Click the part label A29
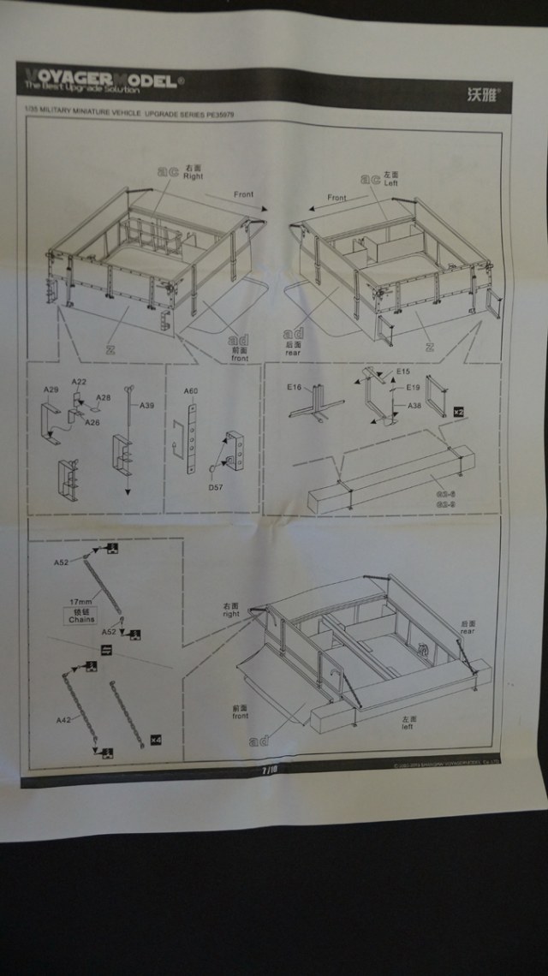point(51,390)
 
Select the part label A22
point(79,382)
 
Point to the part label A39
point(146,406)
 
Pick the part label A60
point(191,391)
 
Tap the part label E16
point(295,387)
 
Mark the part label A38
point(414,405)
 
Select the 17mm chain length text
point(80,602)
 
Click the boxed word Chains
point(81,618)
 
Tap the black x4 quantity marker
point(155,738)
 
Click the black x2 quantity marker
point(458,412)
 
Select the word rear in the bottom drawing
point(467,631)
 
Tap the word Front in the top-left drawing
point(244,194)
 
